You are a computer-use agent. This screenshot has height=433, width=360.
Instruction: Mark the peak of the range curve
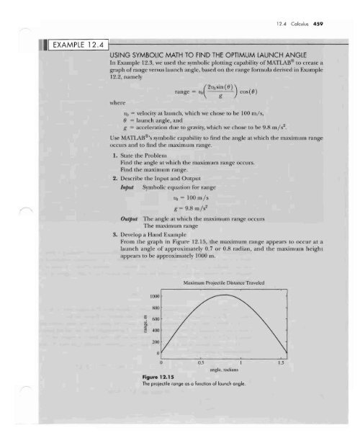pyautogui.click(x=226, y=295)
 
